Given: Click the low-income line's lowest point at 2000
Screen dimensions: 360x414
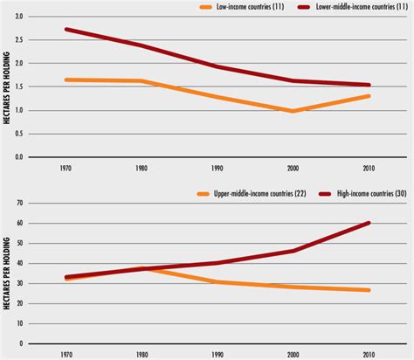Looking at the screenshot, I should point(293,111).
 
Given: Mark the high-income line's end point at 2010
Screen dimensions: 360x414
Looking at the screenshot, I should point(369,223).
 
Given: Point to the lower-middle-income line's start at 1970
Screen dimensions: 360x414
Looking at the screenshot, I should point(66,30).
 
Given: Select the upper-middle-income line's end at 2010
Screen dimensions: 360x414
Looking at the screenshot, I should point(369,290).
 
